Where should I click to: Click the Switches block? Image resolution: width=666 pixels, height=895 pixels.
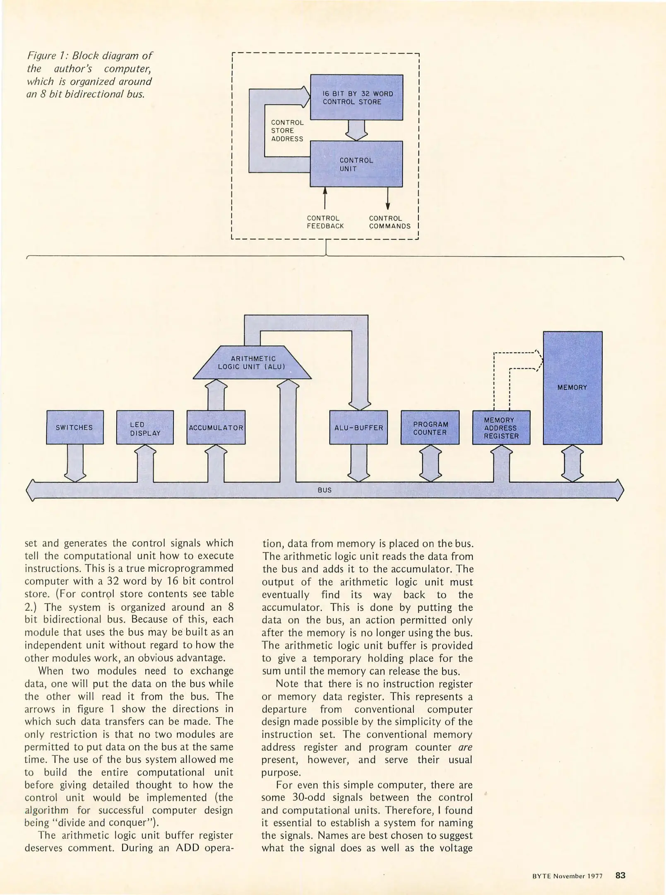coord(75,427)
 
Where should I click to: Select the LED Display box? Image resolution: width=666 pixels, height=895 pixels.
coord(145,427)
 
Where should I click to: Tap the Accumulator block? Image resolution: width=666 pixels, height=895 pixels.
coord(216,427)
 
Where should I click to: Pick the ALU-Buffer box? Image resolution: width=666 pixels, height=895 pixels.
coord(358,427)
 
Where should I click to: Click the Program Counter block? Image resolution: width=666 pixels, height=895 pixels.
coord(430,427)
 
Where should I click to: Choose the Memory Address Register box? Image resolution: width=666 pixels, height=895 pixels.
coord(501,427)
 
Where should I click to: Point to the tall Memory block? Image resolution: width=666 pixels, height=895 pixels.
coord(572,387)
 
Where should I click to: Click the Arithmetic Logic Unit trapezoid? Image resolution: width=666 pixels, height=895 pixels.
coord(252,363)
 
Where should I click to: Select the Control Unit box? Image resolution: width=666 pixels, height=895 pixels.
coord(356,164)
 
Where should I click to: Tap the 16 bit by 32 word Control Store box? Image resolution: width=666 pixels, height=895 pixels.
coord(357,97)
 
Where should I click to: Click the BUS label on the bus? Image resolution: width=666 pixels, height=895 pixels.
coord(325,490)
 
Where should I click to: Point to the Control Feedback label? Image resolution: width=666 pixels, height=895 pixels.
coord(325,222)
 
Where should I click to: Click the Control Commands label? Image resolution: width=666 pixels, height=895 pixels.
coord(390,222)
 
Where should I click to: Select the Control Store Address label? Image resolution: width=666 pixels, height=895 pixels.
coord(287,131)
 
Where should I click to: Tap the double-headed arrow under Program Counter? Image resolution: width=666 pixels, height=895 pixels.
coord(430,463)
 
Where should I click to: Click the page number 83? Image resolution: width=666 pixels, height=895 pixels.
coord(620,875)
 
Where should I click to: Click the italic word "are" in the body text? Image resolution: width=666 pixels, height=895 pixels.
coord(466,747)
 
